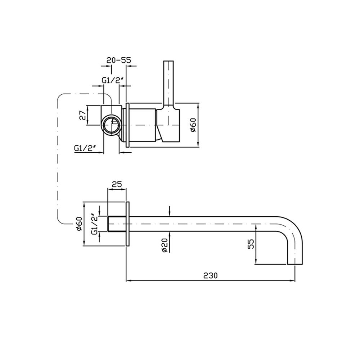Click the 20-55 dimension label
(x=119, y=60)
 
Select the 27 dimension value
(x=83, y=115)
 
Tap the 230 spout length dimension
(x=211, y=275)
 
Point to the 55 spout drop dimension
(x=251, y=244)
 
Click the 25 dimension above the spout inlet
(x=117, y=184)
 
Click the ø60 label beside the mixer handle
(x=193, y=125)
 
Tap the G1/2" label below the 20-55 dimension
(x=113, y=80)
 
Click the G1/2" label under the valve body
(x=85, y=148)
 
